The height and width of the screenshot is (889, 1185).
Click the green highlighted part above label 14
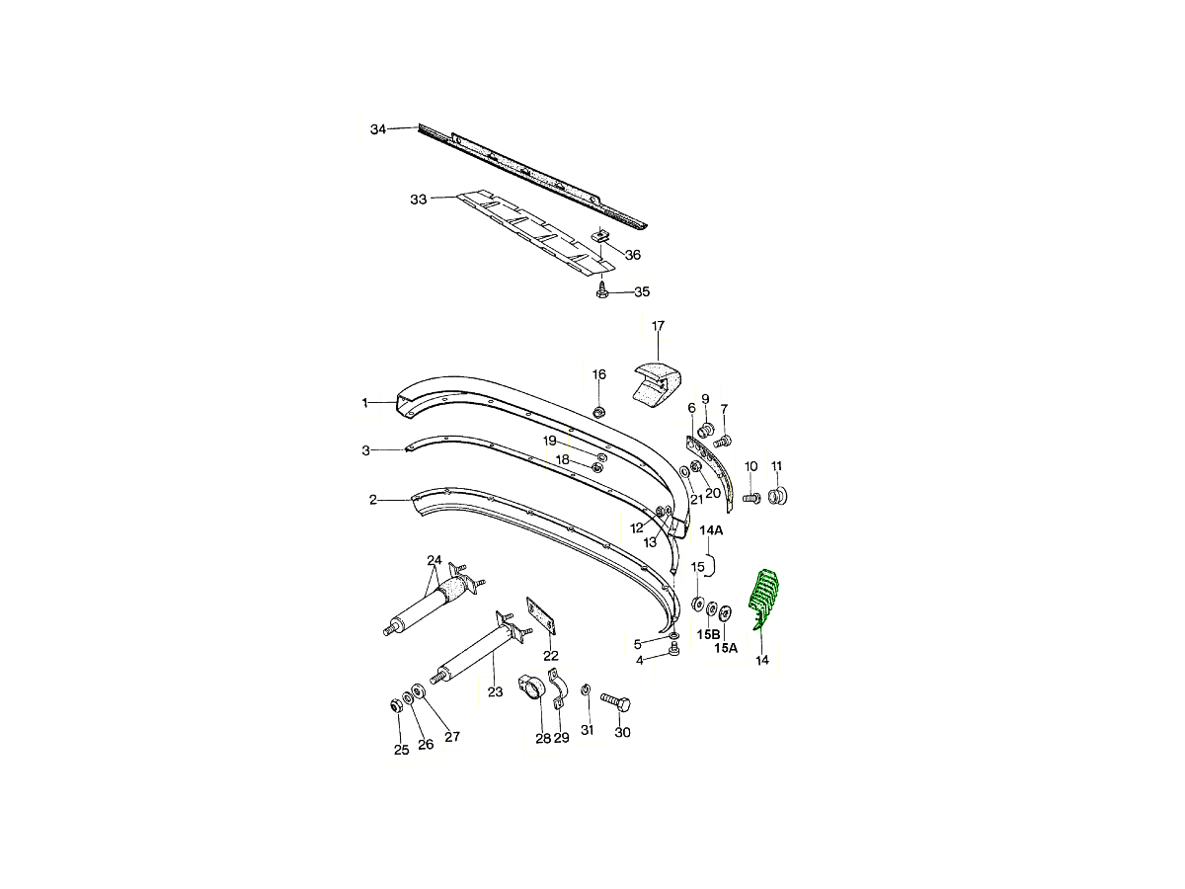[763, 598]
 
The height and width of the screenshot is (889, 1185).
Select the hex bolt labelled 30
[615, 701]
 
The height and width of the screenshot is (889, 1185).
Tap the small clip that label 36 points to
[602, 235]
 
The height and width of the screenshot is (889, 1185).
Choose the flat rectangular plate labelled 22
[541, 615]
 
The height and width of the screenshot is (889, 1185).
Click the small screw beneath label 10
[751, 498]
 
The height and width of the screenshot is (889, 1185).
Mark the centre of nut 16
[598, 412]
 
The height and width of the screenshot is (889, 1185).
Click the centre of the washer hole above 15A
[726, 612]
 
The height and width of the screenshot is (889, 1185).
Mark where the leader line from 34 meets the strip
[419, 126]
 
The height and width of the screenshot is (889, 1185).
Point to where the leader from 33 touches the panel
[458, 197]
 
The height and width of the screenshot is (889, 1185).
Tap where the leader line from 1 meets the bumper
[397, 402]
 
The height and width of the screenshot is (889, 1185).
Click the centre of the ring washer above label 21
[683, 472]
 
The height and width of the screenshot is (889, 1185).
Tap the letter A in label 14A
[718, 530]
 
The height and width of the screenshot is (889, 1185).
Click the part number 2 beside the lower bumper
[373, 501]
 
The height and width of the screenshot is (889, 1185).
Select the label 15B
[708, 634]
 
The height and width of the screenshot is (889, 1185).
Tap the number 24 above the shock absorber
[434, 560]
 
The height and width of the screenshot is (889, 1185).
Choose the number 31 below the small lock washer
[587, 730]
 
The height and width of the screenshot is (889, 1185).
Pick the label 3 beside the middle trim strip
[366, 450]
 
